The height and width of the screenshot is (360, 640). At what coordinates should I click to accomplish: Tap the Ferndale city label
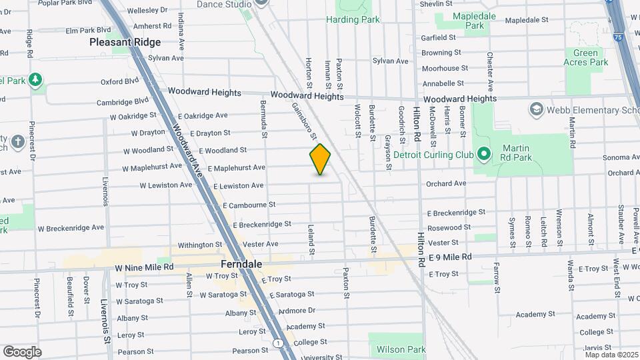coord(241,264)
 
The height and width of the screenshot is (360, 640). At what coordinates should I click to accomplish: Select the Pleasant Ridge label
coord(125,42)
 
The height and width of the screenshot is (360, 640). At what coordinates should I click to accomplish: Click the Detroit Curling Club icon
coord(483,155)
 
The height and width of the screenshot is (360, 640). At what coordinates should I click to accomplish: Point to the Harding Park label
coord(353,20)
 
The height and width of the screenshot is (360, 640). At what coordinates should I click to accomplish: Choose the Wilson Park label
coord(401,349)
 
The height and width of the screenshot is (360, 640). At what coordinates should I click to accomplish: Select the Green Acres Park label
coord(586,57)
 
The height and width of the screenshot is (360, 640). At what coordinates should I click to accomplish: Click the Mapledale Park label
coord(475,20)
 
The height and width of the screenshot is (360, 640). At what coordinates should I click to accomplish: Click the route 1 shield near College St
coord(277,343)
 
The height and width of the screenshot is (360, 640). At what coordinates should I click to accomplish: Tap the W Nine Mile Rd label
coord(144,267)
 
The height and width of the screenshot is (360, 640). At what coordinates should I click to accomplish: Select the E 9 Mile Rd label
coord(450,257)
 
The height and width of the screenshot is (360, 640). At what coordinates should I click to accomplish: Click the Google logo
coord(22,351)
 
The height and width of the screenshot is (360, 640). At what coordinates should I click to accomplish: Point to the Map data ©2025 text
coord(611,355)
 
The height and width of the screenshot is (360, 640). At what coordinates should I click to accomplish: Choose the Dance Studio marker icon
coord(261,3)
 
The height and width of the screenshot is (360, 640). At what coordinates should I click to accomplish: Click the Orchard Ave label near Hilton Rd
coord(446,183)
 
